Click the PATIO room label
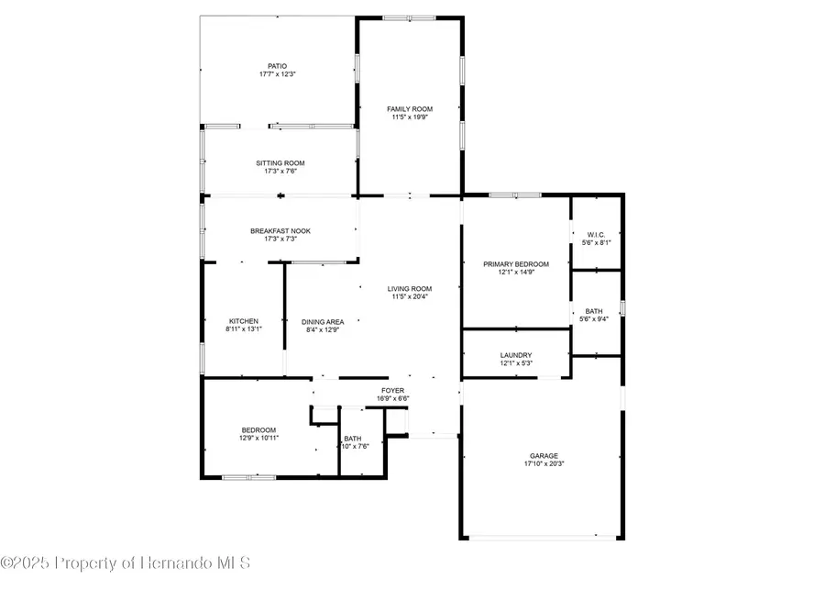[278, 66]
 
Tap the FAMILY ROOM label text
[410, 109]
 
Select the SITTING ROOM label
[280, 163]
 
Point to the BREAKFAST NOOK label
[280, 231]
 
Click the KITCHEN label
[244, 321]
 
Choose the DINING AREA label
[323, 321]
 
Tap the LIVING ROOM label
[410, 289]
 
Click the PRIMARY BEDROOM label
[515, 264]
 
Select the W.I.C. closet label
[596, 236]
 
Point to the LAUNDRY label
[516, 356]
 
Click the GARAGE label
[544, 456]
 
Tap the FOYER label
[393, 391]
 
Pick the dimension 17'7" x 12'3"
[278, 73]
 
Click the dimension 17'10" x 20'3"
[544, 463]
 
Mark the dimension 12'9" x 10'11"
[258, 438]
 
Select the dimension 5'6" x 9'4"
[596, 318]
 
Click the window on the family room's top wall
[410, 17]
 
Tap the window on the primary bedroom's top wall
[515, 195]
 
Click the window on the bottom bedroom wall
[249, 477]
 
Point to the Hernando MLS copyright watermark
[126, 562]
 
